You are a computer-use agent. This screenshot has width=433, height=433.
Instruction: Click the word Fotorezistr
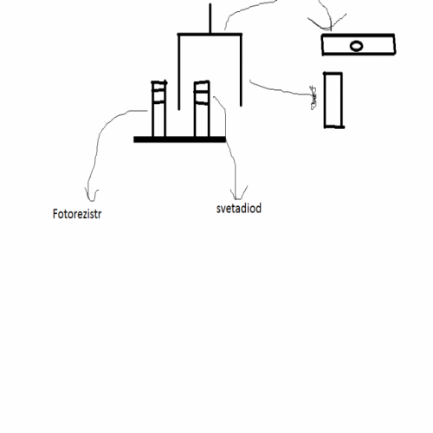[77, 214]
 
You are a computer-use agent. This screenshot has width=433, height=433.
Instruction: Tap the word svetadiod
[239, 208]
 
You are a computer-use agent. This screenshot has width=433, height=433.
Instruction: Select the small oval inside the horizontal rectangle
[357, 46]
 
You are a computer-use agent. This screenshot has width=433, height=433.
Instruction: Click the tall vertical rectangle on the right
[333, 100]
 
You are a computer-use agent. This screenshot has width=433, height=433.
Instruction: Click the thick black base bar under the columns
[179, 139]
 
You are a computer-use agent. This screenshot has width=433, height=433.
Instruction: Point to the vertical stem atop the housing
[210, 18]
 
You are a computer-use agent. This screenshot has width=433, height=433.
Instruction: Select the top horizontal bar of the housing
[210, 35]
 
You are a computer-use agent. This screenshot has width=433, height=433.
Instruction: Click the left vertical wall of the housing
[179, 72]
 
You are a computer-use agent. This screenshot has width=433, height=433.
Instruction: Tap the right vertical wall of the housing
[241, 70]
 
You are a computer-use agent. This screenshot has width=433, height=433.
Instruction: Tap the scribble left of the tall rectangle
[313, 98]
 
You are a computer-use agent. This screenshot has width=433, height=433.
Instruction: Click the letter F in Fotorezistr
[55, 214]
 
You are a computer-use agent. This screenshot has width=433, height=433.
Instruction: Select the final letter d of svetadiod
[259, 208]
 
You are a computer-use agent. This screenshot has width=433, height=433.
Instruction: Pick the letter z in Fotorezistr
[84, 215]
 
